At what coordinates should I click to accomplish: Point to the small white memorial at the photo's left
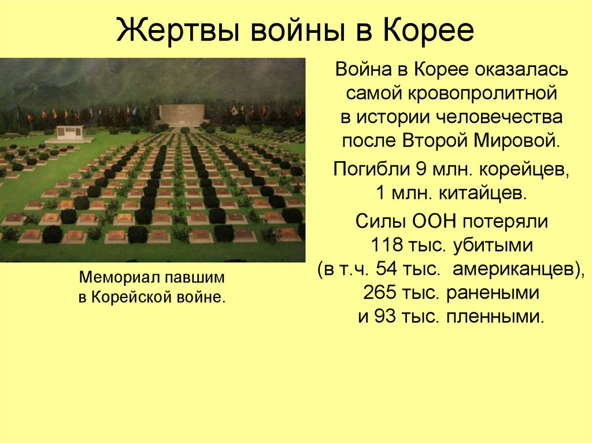coord(69,133)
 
